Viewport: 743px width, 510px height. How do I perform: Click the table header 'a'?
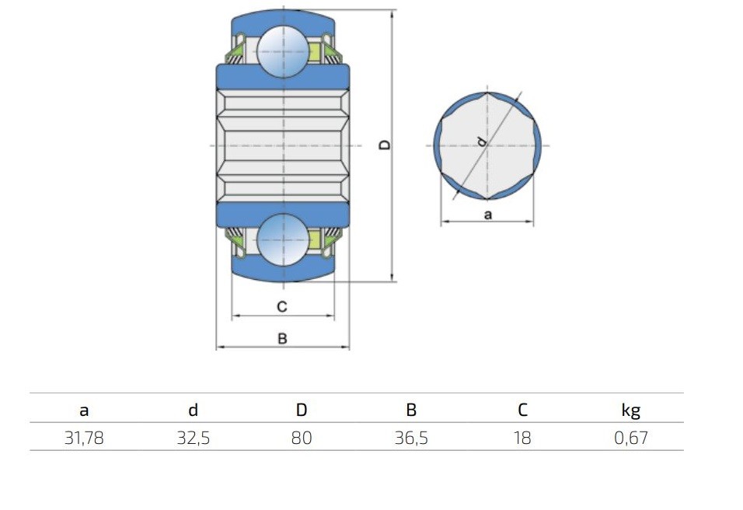(84, 410)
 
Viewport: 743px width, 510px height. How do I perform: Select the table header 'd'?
(193, 410)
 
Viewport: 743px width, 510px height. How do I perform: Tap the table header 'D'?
(302, 410)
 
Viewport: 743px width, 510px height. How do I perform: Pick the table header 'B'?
(411, 410)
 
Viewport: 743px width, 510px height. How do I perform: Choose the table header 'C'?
(522, 410)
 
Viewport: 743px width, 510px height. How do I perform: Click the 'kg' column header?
(631, 410)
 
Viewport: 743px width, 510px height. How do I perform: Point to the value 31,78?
(84, 438)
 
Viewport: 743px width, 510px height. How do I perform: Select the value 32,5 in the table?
(194, 438)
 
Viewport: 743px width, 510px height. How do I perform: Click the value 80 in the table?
(302, 438)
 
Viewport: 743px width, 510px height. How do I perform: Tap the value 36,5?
(411, 438)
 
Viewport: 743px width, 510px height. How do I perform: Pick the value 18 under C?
(522, 438)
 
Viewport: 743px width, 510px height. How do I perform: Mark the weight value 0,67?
(631, 438)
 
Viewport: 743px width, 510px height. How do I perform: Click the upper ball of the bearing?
(283, 51)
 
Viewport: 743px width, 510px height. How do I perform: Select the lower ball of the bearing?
(283, 239)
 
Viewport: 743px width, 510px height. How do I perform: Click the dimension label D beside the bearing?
(385, 145)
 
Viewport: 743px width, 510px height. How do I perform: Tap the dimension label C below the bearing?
(282, 306)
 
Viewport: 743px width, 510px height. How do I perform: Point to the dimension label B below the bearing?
(282, 339)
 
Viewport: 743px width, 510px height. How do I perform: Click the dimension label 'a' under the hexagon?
(488, 215)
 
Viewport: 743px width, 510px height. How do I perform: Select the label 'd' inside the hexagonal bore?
(481, 141)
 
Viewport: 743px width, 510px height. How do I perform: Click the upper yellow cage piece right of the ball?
(315, 51)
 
